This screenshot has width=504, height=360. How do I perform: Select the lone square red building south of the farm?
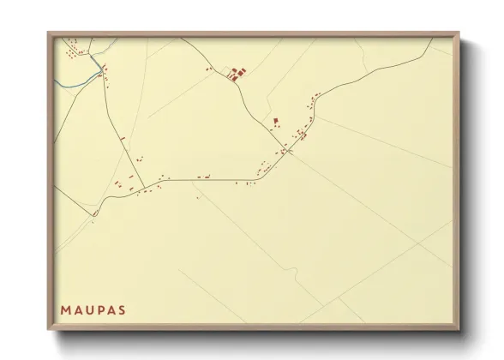click(x=275, y=122)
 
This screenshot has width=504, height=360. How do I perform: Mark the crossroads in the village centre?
click(x=290, y=151)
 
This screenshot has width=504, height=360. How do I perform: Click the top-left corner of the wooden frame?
click(x=48, y=33)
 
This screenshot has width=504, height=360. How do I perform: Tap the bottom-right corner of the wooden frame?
click(x=459, y=330)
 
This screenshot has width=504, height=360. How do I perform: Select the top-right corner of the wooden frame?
click(x=459, y=33)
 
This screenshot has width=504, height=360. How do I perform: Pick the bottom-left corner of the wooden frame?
click(x=48, y=330)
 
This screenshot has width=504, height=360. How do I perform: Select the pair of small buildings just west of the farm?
click(x=208, y=69)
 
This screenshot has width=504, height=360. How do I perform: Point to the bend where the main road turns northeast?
click(x=257, y=178)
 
